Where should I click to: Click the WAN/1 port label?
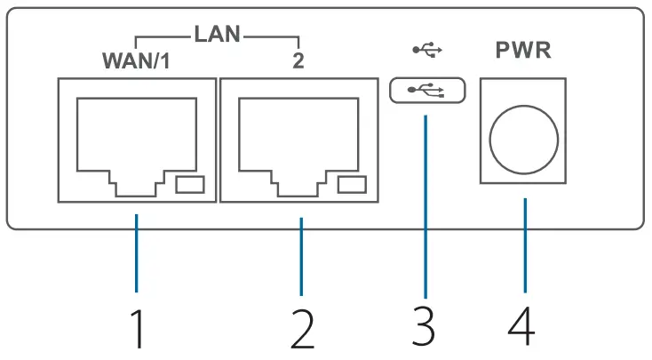(136, 63)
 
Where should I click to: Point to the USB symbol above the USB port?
(426, 50)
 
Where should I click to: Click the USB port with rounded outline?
(426, 90)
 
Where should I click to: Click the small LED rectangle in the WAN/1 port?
(190, 185)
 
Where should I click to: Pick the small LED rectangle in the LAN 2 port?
(353, 185)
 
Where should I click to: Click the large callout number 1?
(136, 328)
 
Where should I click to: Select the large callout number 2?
(302, 328)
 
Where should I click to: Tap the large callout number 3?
(425, 328)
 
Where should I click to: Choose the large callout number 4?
(522, 328)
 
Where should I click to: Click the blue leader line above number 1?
(136, 253)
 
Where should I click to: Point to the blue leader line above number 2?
(302, 253)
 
